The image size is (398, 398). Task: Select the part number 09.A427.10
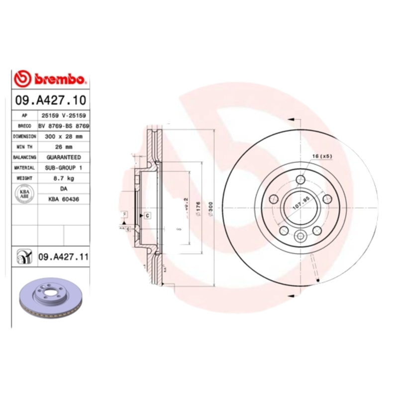click(x=50, y=99)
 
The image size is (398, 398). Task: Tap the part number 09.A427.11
click(x=63, y=257)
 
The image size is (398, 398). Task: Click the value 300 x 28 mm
click(x=64, y=136)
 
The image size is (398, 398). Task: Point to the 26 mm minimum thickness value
click(x=64, y=147)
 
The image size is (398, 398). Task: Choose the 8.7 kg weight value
click(x=64, y=178)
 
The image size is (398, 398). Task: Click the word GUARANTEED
click(x=64, y=157)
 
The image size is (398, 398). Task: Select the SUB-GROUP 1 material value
click(x=64, y=168)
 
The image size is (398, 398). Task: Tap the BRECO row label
click(x=24, y=126)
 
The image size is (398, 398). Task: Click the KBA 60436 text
click(x=64, y=199)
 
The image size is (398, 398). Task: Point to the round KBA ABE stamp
click(x=24, y=194)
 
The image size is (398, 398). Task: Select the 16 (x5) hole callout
click(x=322, y=156)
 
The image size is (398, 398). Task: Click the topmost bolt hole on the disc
click(x=300, y=180)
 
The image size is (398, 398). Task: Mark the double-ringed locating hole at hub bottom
click(x=300, y=236)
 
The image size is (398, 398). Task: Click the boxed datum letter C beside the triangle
click(x=148, y=215)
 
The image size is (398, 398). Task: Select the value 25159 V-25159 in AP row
click(x=64, y=115)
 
